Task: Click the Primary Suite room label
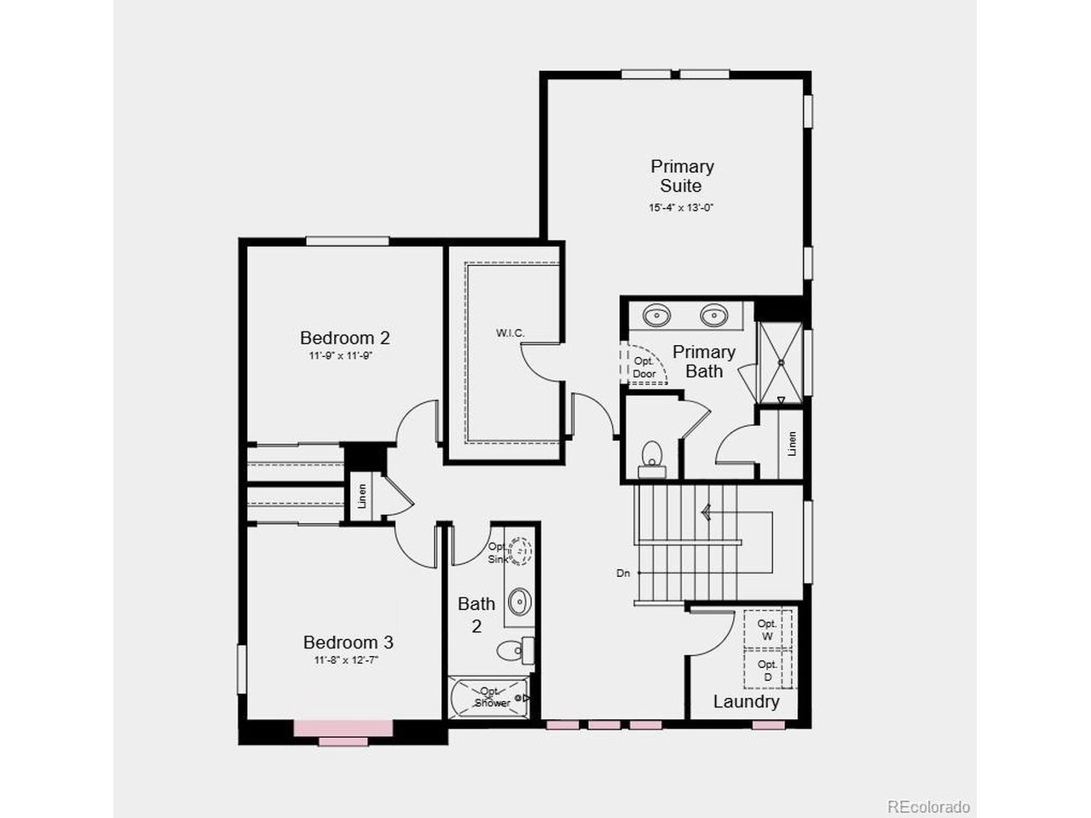[x=682, y=176]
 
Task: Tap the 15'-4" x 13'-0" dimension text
[x=681, y=208]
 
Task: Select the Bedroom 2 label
[x=344, y=337]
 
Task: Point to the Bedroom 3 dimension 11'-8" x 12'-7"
[x=346, y=660]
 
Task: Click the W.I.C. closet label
[x=510, y=333]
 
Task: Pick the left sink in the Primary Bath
[x=656, y=315]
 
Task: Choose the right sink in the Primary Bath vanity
[x=714, y=315]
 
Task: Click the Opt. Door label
[x=644, y=367]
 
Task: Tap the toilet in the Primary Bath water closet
[x=652, y=460]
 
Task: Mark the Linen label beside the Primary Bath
[x=792, y=443]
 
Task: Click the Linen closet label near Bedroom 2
[x=362, y=496]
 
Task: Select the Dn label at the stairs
[x=623, y=573]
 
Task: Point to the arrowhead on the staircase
[x=707, y=511]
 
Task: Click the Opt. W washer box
[x=767, y=630]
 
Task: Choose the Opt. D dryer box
[x=767, y=670]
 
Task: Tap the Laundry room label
[x=746, y=702]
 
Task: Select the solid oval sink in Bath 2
[x=520, y=602]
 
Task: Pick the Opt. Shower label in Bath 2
[x=492, y=697]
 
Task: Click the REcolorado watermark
[x=928, y=806]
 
